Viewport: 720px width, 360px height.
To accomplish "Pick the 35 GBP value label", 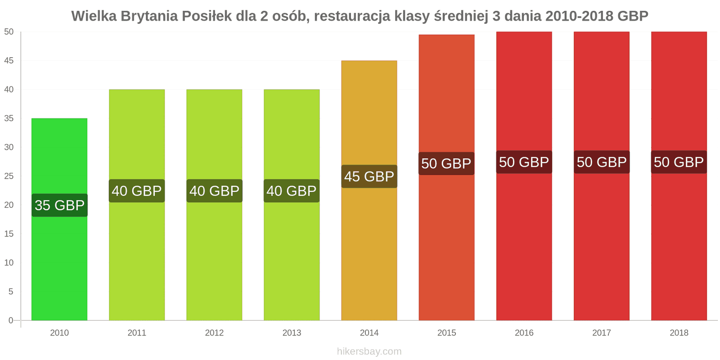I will click(x=59, y=205).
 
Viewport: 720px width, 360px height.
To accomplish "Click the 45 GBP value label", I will click(x=369, y=176).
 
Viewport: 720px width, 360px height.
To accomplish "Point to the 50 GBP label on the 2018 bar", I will click(x=679, y=162).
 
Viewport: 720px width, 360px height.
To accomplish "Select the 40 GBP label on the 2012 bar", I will click(x=214, y=191).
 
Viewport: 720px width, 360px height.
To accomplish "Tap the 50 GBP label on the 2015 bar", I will click(x=446, y=163).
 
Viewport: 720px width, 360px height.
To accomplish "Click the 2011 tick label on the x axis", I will click(x=137, y=333).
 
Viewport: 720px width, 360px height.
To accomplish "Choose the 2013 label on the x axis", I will click(x=292, y=333).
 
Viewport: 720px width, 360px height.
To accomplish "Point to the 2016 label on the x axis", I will click(x=524, y=333).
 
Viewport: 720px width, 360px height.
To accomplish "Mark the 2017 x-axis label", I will click(x=602, y=333).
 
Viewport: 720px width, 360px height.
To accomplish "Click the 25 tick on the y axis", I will click(x=9, y=176).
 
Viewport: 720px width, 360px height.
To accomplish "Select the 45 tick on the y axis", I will click(x=9, y=61).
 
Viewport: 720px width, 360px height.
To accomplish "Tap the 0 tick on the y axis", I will click(x=11, y=320).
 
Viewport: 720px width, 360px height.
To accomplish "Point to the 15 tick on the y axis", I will click(x=9, y=234).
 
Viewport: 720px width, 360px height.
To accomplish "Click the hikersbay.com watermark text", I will click(x=369, y=351).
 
